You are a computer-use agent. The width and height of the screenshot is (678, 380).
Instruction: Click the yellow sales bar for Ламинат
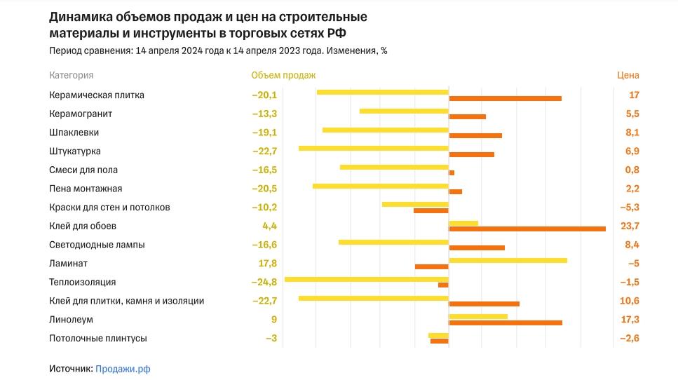[x=508, y=260]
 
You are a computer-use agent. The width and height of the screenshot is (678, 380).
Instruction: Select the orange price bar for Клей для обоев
[x=527, y=229]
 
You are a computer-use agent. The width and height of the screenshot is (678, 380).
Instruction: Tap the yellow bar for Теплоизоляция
[x=366, y=279]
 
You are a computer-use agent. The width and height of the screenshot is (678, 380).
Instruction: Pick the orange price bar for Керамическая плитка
[x=505, y=98]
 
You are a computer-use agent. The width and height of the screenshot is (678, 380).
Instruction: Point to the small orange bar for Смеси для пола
[x=452, y=172]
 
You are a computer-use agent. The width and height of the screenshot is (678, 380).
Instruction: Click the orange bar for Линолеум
[x=506, y=323]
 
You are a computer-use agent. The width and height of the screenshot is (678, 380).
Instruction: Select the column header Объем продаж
[x=283, y=75]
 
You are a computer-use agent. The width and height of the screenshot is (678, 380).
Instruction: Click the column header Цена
[x=628, y=75]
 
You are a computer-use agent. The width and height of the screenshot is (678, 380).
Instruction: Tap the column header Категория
[x=72, y=75]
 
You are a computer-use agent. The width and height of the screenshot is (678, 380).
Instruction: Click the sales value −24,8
[x=264, y=283]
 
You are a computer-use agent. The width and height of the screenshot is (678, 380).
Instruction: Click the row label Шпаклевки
[x=74, y=133]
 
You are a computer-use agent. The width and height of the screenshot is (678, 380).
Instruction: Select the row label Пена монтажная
[x=86, y=189]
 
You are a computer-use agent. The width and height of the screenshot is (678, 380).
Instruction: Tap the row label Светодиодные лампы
[x=97, y=245]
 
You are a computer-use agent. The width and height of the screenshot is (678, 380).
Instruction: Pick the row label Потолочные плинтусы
[x=98, y=339]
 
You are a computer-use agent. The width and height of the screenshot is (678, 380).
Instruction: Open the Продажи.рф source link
[x=123, y=368]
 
